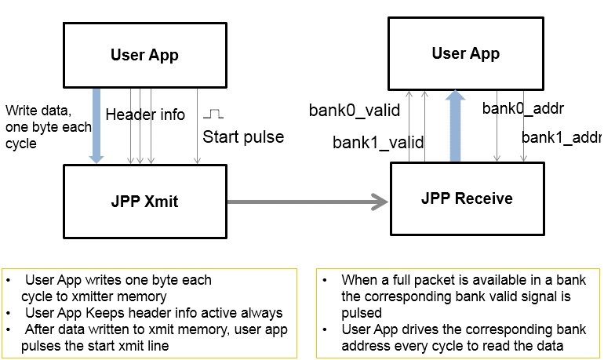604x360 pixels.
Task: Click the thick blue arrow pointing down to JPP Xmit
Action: coord(96,125)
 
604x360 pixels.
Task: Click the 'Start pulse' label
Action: coord(243,137)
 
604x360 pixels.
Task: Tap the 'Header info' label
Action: coord(145,115)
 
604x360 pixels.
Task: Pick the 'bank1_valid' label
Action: coord(378,143)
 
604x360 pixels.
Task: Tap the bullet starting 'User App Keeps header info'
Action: coord(153,313)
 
